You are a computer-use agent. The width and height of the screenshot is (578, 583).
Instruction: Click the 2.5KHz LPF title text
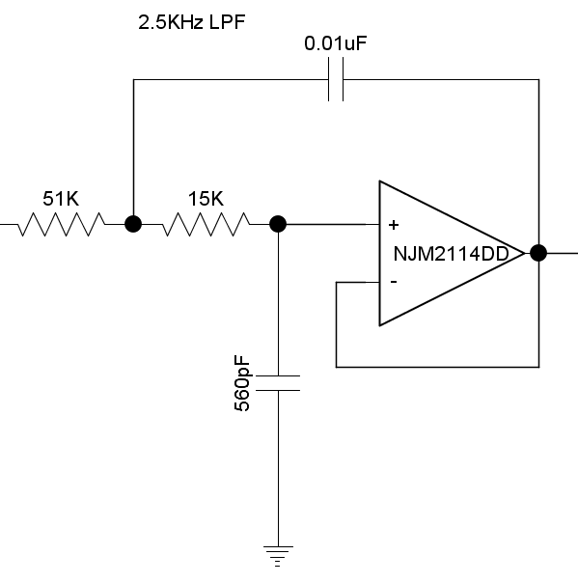pyautogui.click(x=192, y=22)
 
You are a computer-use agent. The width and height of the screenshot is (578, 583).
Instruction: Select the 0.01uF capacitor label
pyautogui.click(x=336, y=43)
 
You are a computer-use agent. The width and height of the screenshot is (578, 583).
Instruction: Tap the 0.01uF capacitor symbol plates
pyautogui.click(x=336, y=79)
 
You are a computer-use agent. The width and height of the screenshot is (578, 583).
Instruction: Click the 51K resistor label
pyautogui.click(x=61, y=199)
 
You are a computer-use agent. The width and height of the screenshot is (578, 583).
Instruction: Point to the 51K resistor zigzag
pyautogui.click(x=62, y=224)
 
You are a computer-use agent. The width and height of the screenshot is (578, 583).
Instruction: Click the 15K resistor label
pyautogui.click(x=206, y=199)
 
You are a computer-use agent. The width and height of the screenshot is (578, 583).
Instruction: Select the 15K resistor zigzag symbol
pyautogui.click(x=206, y=224)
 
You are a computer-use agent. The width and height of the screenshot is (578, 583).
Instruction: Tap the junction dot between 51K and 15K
pyautogui.click(x=133, y=224)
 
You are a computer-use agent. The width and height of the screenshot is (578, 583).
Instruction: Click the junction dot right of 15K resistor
pyautogui.click(x=278, y=224)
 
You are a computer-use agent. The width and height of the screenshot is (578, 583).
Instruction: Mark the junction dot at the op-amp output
pyautogui.click(x=538, y=253)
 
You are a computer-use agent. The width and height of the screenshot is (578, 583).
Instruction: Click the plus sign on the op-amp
pyautogui.click(x=394, y=225)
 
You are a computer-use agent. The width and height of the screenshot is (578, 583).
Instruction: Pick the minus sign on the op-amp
pyautogui.click(x=394, y=282)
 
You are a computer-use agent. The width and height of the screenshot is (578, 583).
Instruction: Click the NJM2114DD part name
pyautogui.click(x=451, y=254)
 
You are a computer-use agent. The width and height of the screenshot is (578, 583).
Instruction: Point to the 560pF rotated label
pyautogui.click(x=242, y=383)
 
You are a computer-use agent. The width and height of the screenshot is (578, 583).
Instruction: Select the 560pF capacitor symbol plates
pyautogui.click(x=278, y=383)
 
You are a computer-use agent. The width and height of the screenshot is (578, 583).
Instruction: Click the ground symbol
pyautogui.click(x=278, y=556)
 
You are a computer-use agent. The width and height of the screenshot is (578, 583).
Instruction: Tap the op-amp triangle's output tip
pyautogui.click(x=524, y=253)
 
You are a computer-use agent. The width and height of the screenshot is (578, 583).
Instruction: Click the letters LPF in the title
pyautogui.click(x=227, y=22)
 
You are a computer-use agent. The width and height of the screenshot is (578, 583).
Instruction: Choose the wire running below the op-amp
pyautogui.click(x=437, y=367)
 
